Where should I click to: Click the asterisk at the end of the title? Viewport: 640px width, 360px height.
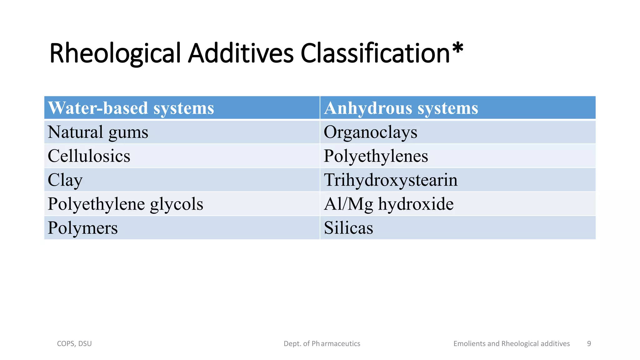[x=457, y=49]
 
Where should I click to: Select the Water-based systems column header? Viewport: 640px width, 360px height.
[x=131, y=108]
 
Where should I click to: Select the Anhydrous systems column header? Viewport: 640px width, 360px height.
[x=401, y=108]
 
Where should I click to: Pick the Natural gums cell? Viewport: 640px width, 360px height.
[x=98, y=132]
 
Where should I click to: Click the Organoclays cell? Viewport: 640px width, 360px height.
[x=370, y=132]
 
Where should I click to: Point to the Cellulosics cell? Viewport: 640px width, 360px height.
[x=89, y=156]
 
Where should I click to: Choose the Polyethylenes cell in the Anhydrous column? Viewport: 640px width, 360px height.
[x=376, y=156]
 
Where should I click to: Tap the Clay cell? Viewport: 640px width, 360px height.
[x=65, y=180]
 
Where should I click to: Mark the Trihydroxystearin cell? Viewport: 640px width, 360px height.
[x=391, y=180]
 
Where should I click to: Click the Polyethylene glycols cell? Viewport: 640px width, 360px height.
[x=125, y=204]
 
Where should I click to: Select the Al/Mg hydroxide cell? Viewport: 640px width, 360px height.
[x=388, y=204]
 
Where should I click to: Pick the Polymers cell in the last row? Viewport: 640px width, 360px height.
[x=82, y=228]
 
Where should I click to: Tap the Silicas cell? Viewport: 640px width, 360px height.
[x=348, y=228]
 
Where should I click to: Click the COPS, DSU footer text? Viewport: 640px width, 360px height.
[x=74, y=344]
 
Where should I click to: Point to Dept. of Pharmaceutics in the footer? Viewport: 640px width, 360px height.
[x=322, y=344]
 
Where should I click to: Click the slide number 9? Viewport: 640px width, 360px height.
[x=589, y=344]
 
